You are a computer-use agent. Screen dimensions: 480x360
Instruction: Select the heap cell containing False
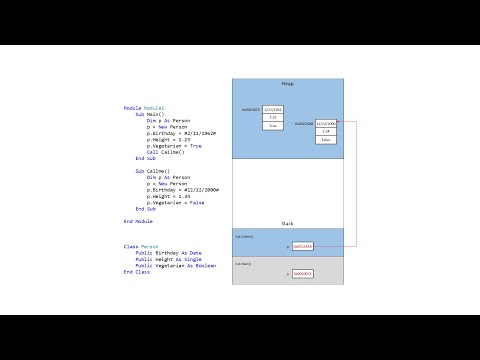tap(326, 140)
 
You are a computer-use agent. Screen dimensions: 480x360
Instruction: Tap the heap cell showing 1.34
tap(326, 131)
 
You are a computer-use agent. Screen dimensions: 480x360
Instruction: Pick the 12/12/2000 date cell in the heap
tap(326, 122)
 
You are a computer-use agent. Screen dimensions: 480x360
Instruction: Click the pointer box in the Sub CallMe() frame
tap(303, 246)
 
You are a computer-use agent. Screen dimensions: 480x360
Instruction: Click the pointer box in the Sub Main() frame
tap(303, 273)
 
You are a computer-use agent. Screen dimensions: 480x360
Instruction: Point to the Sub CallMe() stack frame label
tap(244, 236)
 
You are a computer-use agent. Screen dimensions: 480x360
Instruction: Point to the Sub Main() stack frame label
tap(243, 263)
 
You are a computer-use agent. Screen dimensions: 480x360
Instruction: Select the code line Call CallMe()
tap(166, 151)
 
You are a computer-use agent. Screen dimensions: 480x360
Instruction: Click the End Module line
tap(138, 221)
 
